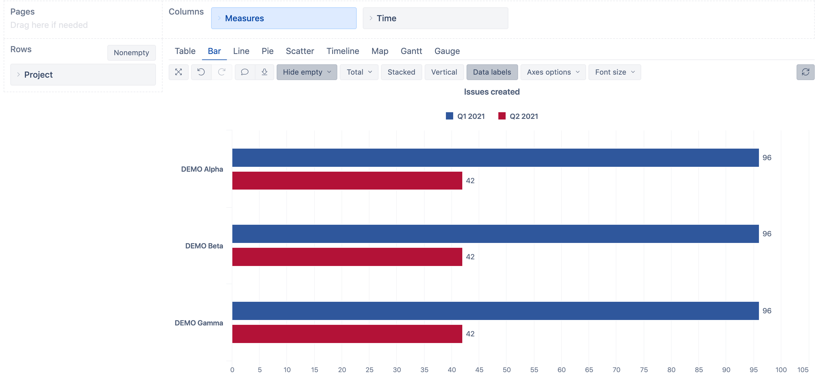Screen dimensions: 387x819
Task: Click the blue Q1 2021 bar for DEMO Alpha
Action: coord(495,157)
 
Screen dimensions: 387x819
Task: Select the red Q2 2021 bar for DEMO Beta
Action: coord(347,257)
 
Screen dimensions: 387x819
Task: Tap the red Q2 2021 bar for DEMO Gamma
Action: coord(347,334)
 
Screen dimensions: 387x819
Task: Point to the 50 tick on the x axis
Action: coord(507,369)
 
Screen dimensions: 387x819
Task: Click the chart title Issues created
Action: coord(491,92)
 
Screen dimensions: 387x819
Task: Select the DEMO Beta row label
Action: coord(204,246)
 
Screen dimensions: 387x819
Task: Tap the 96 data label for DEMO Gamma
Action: coord(767,311)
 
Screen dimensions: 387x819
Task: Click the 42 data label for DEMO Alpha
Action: coord(470,181)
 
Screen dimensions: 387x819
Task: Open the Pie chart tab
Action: coord(267,51)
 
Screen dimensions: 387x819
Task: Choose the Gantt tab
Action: coord(411,51)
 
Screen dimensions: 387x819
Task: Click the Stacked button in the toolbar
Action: coord(401,72)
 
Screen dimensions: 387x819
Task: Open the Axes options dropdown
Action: coord(553,72)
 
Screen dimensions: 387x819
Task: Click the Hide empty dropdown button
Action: coord(306,72)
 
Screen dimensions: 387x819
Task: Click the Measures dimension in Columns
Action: coord(284,19)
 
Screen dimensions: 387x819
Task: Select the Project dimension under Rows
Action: coord(83,75)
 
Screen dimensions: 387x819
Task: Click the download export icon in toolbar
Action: coord(264,72)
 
